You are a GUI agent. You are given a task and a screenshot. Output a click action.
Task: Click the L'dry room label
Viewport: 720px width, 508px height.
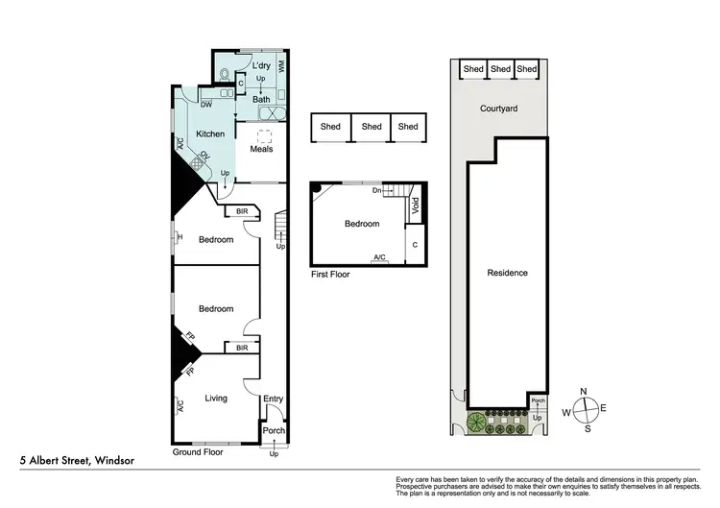(261, 65)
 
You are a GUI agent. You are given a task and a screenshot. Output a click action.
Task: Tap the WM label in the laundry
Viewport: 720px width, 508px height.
(282, 67)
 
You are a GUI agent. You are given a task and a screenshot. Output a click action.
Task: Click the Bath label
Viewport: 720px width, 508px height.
(261, 99)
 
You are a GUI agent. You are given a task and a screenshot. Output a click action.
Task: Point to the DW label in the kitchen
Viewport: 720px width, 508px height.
(206, 105)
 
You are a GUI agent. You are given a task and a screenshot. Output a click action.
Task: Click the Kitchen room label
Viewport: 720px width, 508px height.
(209, 133)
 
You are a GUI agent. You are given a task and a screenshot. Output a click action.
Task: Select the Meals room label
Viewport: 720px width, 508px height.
(261, 149)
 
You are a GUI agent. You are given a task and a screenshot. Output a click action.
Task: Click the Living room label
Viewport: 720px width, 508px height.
(216, 398)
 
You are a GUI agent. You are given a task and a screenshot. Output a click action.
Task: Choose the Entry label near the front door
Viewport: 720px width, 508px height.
(275, 399)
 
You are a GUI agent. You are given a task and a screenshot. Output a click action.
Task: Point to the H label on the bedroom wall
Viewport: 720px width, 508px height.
(179, 238)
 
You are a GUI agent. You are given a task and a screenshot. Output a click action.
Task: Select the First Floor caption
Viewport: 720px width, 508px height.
(330, 274)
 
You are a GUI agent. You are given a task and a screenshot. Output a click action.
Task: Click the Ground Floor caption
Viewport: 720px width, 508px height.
(198, 451)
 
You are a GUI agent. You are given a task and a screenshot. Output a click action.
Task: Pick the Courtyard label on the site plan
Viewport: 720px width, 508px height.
(498, 109)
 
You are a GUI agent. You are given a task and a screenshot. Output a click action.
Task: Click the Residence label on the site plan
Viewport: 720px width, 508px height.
(507, 273)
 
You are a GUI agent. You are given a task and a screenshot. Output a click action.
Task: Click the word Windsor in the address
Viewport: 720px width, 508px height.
(112, 461)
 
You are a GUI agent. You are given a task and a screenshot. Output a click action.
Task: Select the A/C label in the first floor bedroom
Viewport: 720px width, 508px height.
(379, 257)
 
